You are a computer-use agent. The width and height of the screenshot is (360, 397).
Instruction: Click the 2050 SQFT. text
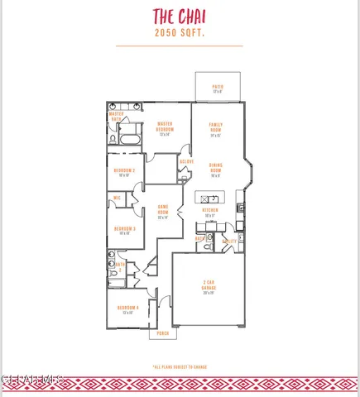click(x=180, y=33)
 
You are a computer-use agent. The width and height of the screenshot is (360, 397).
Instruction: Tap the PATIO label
click(x=218, y=87)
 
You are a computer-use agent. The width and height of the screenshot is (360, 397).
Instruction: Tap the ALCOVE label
click(x=187, y=162)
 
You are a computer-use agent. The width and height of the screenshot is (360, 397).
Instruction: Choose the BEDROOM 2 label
click(x=124, y=171)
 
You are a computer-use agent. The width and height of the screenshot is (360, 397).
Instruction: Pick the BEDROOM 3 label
click(x=124, y=230)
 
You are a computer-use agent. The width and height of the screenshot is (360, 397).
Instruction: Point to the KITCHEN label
click(x=210, y=211)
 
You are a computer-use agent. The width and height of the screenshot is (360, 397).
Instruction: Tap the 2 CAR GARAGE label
click(x=208, y=285)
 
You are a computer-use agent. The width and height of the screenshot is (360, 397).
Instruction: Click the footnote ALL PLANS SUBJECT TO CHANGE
click(x=179, y=366)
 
